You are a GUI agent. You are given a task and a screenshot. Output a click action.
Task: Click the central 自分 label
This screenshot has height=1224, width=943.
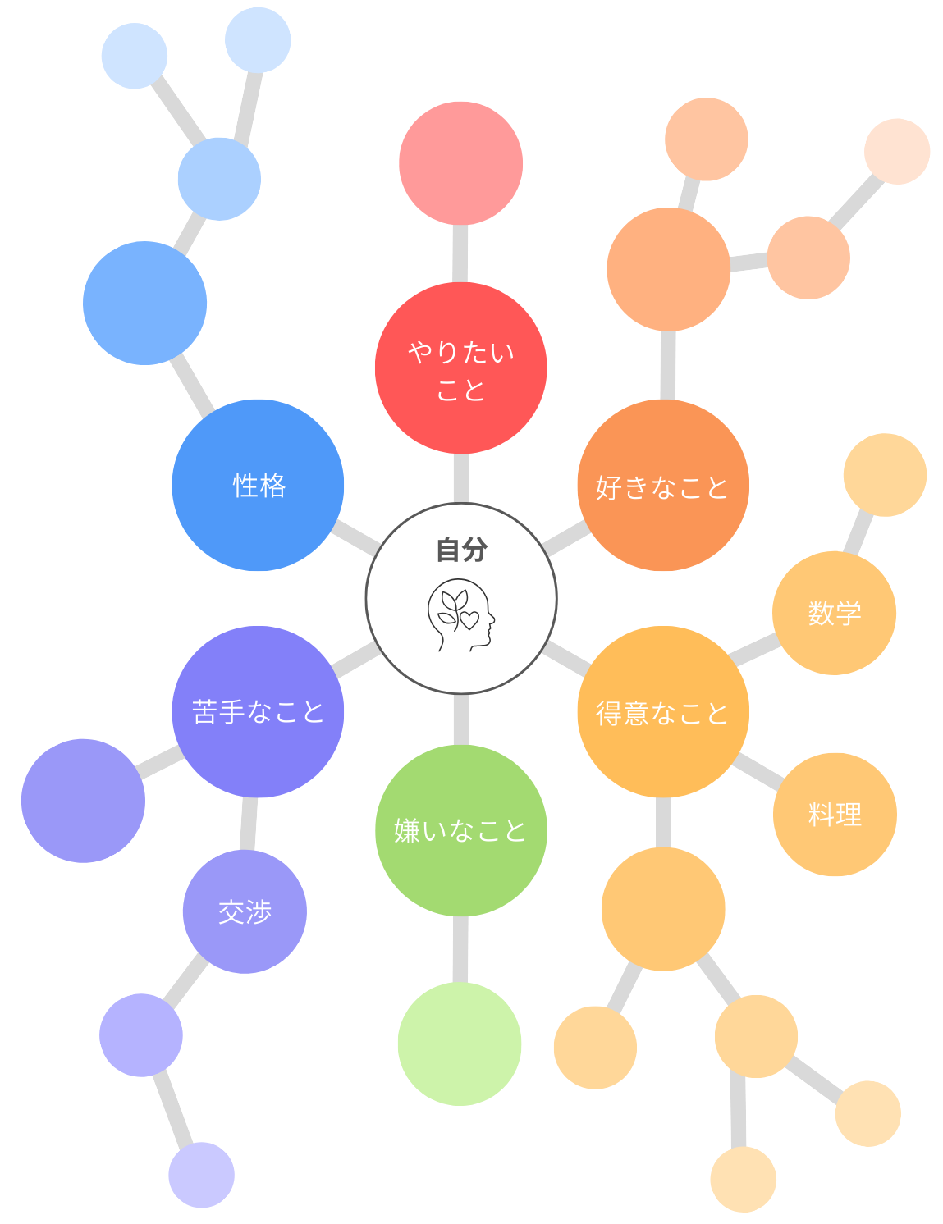(x=461, y=549)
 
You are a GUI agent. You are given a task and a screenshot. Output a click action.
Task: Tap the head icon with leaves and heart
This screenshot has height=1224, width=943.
(x=460, y=614)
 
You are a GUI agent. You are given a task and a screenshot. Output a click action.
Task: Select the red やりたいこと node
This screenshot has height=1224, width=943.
(x=460, y=368)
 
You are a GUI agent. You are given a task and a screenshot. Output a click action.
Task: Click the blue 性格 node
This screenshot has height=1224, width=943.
(x=258, y=485)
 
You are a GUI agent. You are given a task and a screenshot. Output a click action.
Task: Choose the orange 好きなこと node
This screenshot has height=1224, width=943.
(x=663, y=485)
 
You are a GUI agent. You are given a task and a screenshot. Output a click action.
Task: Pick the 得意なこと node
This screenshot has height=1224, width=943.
(x=663, y=711)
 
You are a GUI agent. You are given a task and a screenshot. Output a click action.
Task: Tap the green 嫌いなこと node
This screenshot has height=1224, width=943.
(x=460, y=830)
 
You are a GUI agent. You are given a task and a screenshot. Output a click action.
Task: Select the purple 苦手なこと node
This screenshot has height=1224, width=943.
(x=258, y=711)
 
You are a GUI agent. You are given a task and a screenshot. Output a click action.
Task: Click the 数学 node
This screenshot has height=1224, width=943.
(x=834, y=613)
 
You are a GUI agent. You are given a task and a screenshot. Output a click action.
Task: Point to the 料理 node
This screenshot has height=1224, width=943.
(x=835, y=815)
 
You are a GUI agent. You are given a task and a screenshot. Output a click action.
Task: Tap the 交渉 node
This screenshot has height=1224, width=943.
(x=245, y=911)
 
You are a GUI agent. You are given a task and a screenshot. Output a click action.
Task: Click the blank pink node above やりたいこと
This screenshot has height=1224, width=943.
(x=460, y=163)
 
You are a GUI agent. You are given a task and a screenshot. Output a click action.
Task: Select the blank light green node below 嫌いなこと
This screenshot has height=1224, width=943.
(x=460, y=1044)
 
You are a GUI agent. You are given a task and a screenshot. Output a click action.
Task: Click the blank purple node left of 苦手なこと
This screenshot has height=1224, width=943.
(x=83, y=801)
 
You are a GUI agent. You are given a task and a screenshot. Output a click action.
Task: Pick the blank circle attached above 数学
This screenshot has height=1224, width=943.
(x=885, y=475)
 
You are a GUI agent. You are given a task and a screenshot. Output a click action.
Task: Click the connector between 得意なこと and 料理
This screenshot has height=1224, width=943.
(x=758, y=770)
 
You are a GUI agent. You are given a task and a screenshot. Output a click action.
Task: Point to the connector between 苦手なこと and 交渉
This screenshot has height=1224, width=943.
(x=249, y=824)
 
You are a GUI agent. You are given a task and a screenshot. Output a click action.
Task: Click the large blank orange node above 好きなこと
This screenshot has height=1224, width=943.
(x=669, y=269)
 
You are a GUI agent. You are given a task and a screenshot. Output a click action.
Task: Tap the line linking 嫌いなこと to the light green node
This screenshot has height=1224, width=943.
(x=460, y=949)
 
